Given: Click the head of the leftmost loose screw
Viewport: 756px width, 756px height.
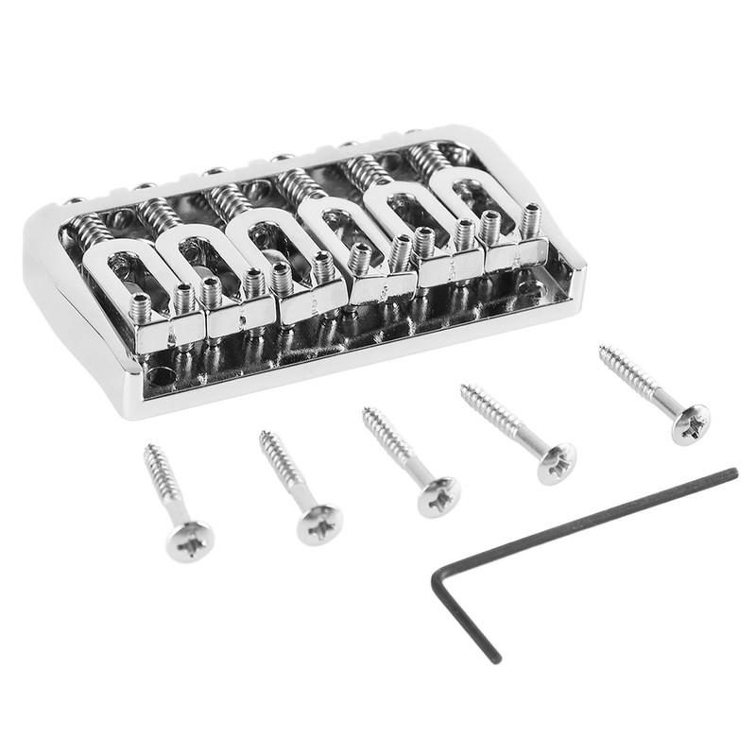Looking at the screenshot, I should click(189, 540).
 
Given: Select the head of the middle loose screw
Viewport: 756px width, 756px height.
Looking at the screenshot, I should click(438, 495).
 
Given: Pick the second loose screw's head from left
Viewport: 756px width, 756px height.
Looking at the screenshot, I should click(319, 524).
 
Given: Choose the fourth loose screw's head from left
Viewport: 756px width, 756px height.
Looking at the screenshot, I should click(557, 463).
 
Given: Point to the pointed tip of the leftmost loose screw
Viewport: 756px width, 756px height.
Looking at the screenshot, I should click(147, 447).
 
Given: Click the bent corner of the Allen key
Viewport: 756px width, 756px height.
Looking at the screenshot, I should click(437, 576).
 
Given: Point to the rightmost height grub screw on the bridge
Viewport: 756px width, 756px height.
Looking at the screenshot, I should click(530, 217).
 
